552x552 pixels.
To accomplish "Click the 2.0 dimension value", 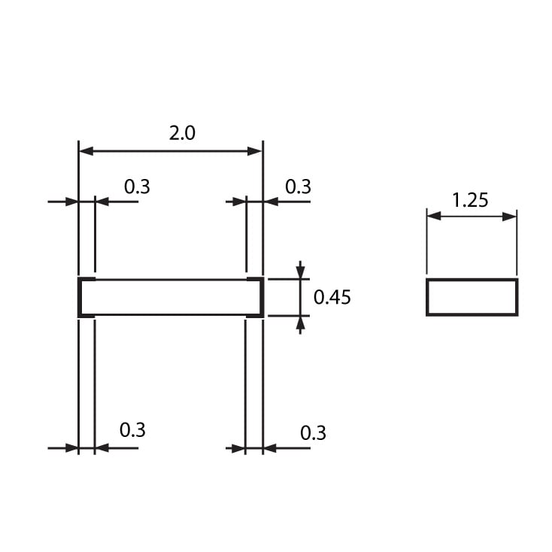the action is (182, 133).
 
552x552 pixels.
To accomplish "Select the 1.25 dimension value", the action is (470, 200).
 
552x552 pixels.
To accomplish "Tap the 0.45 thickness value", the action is (332, 297).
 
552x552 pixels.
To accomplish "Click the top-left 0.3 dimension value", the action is (137, 187).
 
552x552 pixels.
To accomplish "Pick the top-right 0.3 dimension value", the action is (298, 187).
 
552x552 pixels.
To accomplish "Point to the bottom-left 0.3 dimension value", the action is (132, 430).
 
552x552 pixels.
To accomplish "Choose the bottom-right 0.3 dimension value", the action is (313, 432).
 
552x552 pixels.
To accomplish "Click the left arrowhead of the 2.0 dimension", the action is (86, 151).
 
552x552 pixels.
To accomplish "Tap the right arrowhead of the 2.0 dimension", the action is (254, 151).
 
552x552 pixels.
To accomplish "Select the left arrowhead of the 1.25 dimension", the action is (434, 216).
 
